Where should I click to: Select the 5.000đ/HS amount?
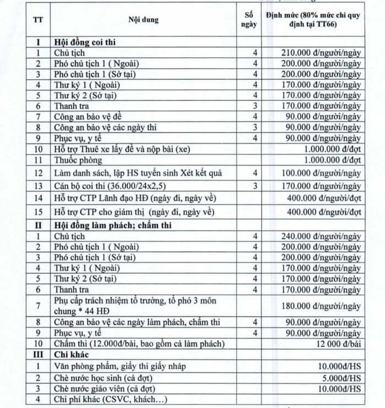click(x=341, y=377)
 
